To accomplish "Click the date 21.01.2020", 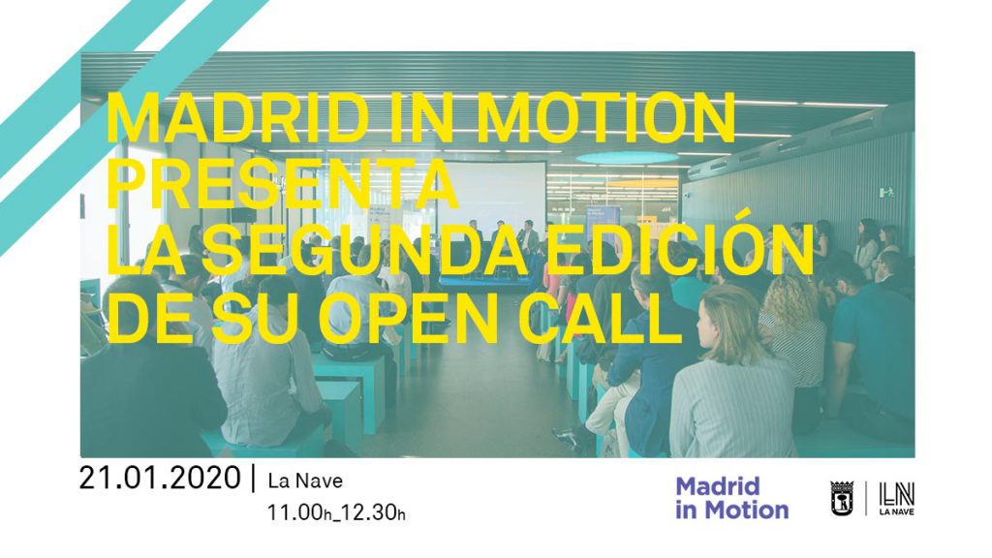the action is click(x=160, y=478).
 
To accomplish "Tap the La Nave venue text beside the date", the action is click(x=305, y=480).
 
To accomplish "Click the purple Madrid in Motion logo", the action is click(x=732, y=498).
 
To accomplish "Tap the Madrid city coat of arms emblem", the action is click(x=842, y=498).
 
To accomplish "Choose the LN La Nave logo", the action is click(x=896, y=498).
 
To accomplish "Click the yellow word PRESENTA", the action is click(x=282, y=184).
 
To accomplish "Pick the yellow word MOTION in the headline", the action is click(x=606, y=117).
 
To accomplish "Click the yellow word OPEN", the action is click(x=408, y=317).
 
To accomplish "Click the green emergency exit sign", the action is click(x=888, y=191).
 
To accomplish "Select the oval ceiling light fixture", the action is click(x=627, y=158).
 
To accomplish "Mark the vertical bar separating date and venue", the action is click(x=254, y=479).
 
